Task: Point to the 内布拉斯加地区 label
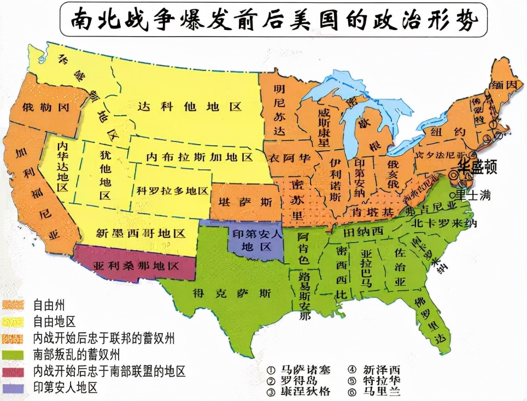point(199,157)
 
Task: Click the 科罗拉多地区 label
point(172,191)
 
